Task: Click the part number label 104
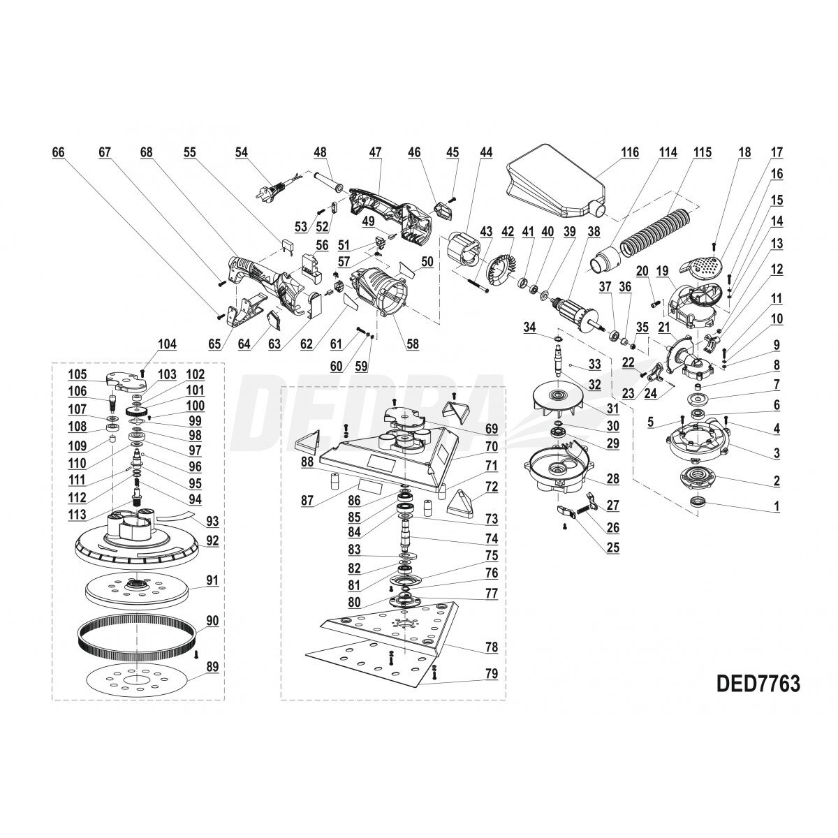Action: click(168, 344)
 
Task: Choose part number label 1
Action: click(777, 507)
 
